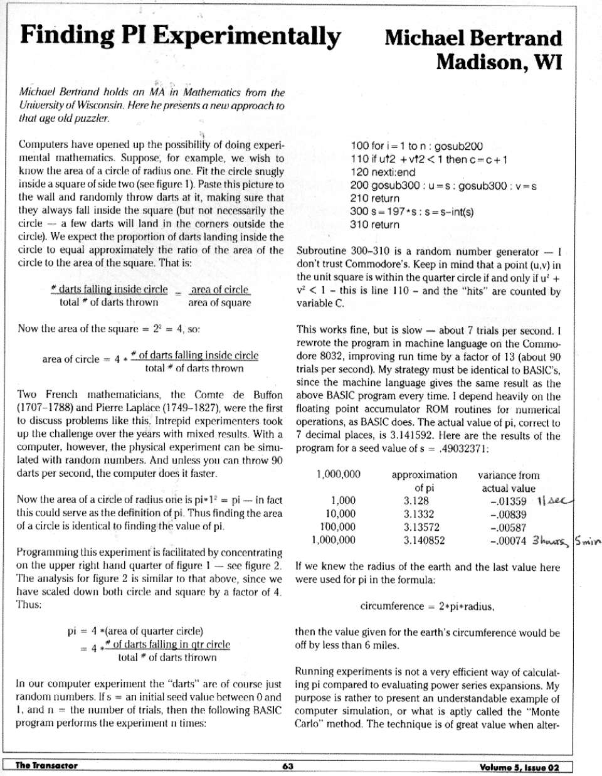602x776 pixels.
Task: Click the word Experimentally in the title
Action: click(x=246, y=35)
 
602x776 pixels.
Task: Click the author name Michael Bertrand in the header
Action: click(x=473, y=38)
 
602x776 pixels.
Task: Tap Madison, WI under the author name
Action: click(x=499, y=62)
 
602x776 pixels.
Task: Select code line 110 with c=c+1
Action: click(x=429, y=159)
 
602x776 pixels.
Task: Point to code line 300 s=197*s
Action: click(x=411, y=211)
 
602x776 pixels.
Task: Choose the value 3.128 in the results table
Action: click(x=416, y=501)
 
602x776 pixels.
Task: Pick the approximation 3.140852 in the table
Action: click(x=424, y=540)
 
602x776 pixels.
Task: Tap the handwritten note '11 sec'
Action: click(x=555, y=501)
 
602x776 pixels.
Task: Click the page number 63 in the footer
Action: click(x=288, y=766)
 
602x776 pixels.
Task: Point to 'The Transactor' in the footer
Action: click(x=46, y=765)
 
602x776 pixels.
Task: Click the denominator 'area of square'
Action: click(x=219, y=303)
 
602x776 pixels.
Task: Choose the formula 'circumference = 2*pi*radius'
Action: click(x=427, y=607)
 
